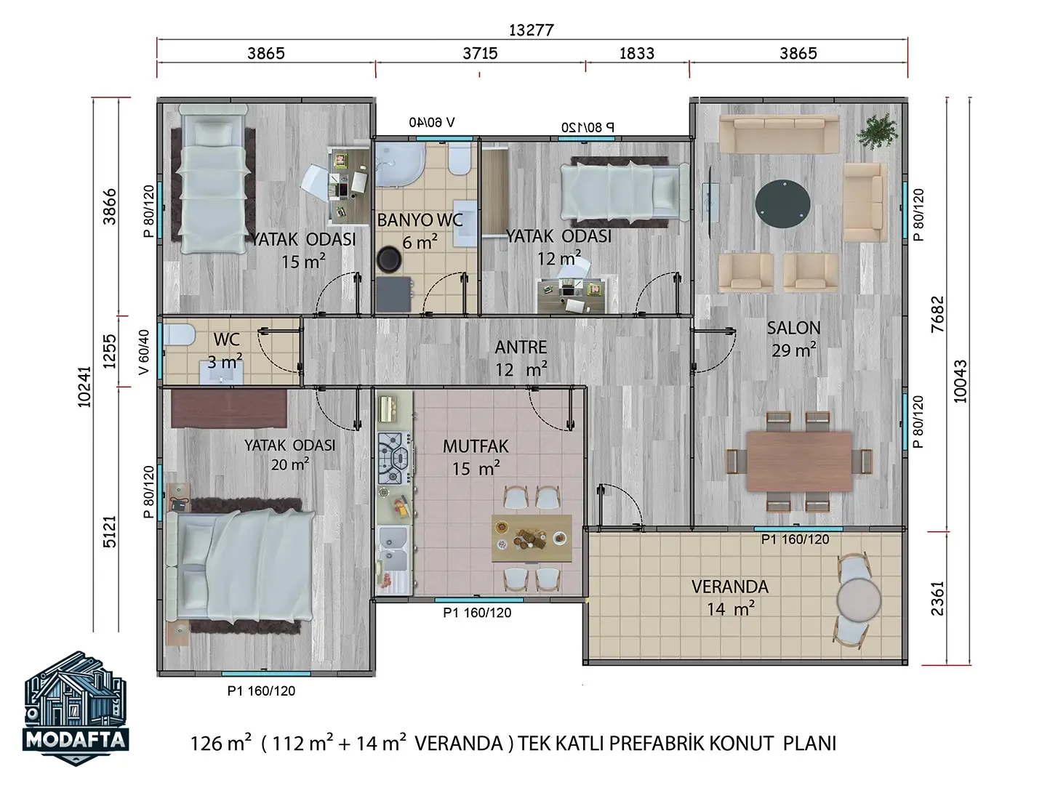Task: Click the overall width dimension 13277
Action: [x=532, y=31]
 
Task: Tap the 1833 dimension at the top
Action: [x=636, y=53]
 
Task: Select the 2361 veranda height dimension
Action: [x=937, y=598]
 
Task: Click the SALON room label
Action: [x=793, y=328]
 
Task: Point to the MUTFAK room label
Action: [x=476, y=446]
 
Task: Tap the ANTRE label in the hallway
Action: [x=521, y=347]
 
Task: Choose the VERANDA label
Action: [x=729, y=587]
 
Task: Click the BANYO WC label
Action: [x=420, y=220]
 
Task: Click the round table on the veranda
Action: [x=858, y=600]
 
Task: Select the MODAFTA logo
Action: [x=76, y=709]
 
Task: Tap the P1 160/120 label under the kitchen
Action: [x=476, y=613]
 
